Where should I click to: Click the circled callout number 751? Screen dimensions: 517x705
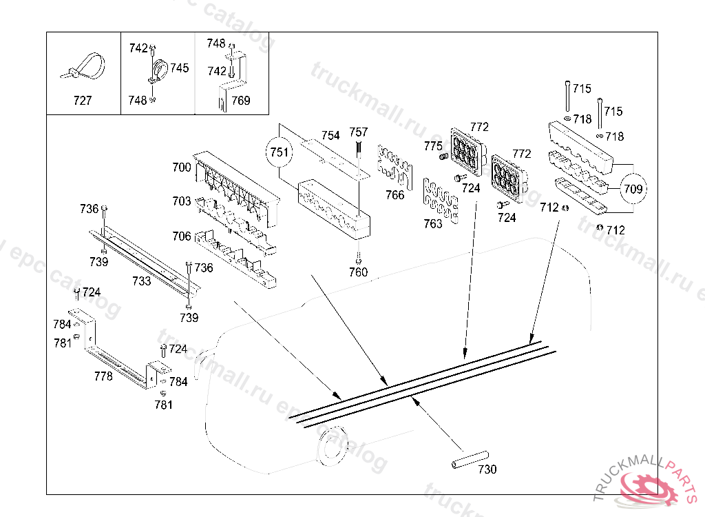280,152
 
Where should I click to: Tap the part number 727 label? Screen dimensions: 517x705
82,101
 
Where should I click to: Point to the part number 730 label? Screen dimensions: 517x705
487,469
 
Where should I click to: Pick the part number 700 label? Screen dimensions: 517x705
182,167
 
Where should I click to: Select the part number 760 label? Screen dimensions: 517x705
358,272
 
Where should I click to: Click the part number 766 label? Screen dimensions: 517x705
395,195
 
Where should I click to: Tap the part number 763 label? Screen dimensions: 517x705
433,224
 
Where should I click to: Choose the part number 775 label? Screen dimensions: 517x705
433,146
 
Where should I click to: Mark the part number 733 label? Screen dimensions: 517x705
141,281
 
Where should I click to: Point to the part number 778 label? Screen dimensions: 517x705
103,376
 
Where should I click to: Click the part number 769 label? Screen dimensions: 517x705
240,101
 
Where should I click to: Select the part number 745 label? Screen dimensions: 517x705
180,68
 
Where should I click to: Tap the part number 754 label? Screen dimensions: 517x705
330,135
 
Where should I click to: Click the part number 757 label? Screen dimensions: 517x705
359,132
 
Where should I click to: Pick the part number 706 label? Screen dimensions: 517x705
182,236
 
